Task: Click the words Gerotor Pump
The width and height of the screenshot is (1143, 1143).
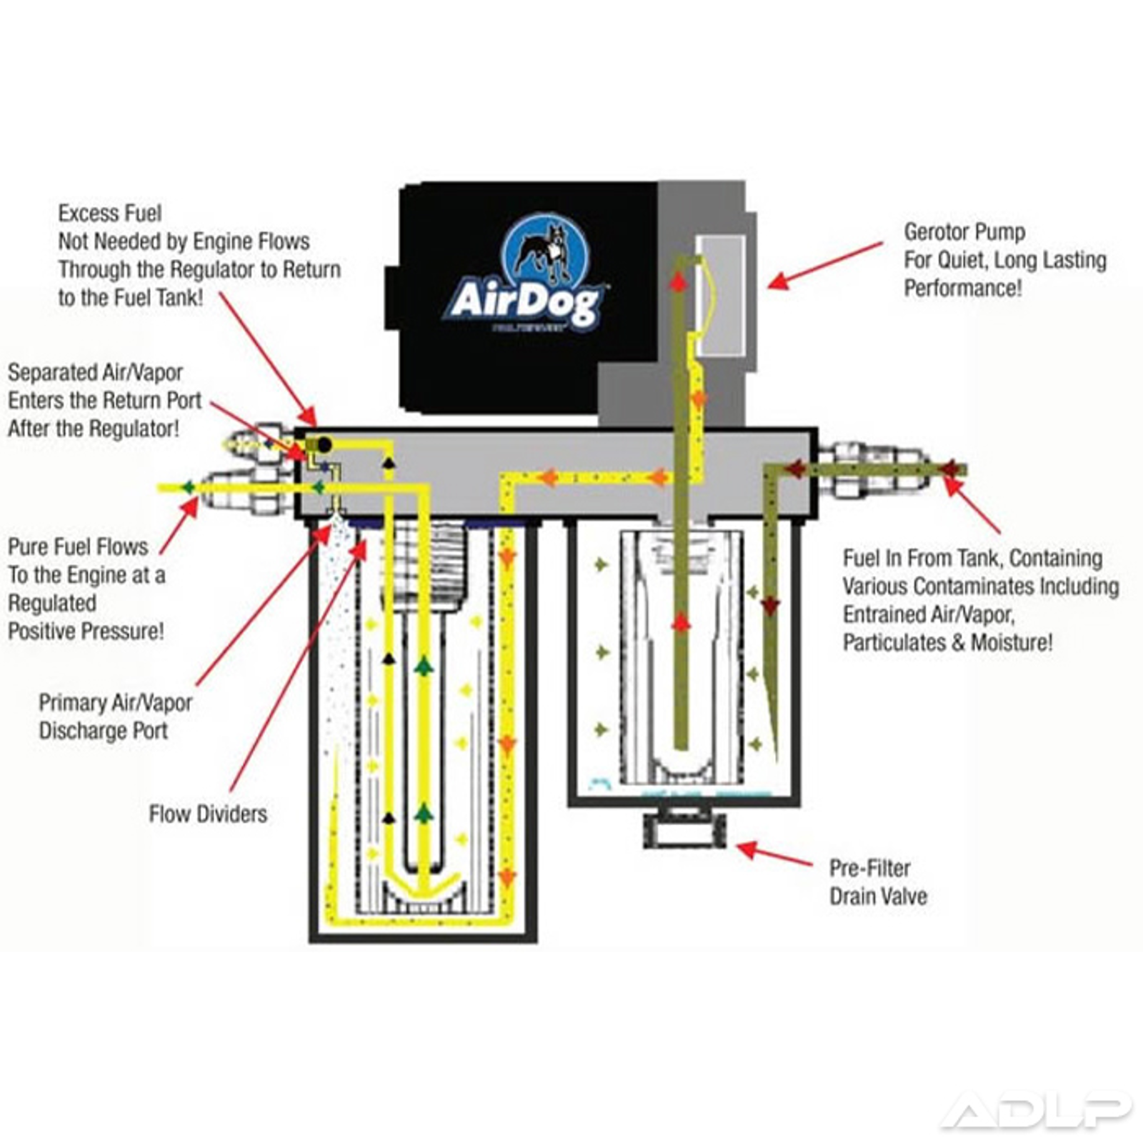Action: pyautogui.click(x=964, y=232)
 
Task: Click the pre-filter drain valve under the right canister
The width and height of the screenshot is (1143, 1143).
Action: pyautogui.click(x=684, y=829)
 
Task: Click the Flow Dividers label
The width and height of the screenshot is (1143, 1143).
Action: pyautogui.click(x=208, y=814)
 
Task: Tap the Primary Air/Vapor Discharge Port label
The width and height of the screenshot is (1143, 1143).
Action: pyautogui.click(x=114, y=717)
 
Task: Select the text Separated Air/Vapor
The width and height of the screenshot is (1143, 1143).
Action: pyautogui.click(x=95, y=372)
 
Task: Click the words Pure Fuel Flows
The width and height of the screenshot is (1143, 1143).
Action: pyautogui.click(x=78, y=546)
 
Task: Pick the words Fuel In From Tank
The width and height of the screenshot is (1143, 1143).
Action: pyautogui.click(x=922, y=558)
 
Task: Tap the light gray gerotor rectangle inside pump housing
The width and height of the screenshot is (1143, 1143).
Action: pyautogui.click(x=722, y=295)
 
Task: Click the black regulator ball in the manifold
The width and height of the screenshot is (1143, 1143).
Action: pyautogui.click(x=324, y=445)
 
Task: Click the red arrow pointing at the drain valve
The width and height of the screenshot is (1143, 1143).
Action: pyautogui.click(x=775, y=854)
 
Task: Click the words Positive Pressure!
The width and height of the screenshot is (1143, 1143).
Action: pyautogui.click(x=86, y=632)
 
